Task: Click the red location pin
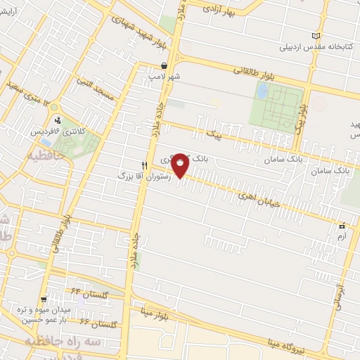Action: [x=181, y=164]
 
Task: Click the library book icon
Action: [x=316, y=36]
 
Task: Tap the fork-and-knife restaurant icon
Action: [x=145, y=165]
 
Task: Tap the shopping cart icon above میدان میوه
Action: [x=44, y=299]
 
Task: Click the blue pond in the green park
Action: [x=262, y=91]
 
